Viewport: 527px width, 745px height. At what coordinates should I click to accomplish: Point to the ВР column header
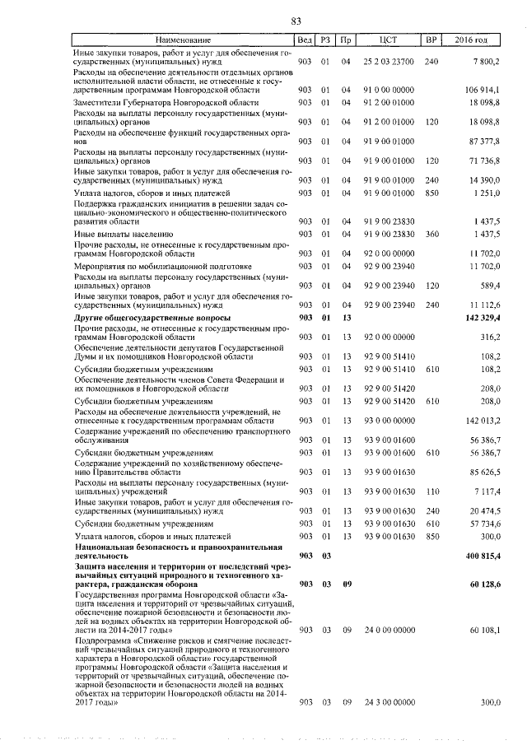coord(430,40)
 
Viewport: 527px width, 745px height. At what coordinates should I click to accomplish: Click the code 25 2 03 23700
coord(389,62)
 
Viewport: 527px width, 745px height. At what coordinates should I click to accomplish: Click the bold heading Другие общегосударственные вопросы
coord(152,318)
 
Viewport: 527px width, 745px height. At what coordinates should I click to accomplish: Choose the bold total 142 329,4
coord(478,318)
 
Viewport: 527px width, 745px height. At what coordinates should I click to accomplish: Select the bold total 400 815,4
coord(478,556)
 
